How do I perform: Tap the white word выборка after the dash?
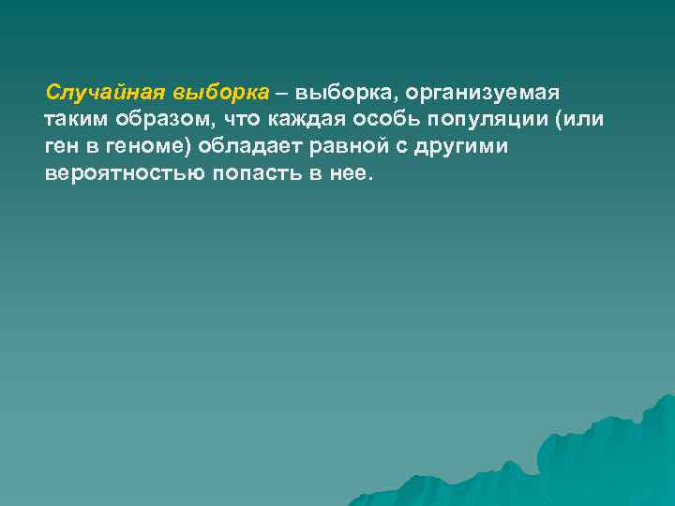pyautogui.click(x=339, y=94)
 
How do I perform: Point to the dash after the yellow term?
pyautogui.click(x=283, y=94)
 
